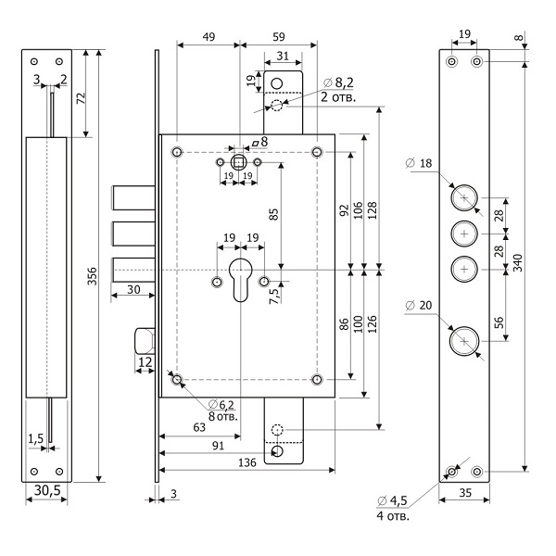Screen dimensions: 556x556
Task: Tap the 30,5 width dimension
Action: [44, 515]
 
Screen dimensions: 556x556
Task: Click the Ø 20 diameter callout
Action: [418, 306]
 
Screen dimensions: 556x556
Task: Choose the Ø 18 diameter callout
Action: [417, 164]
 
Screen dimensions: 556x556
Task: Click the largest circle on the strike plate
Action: [463, 341]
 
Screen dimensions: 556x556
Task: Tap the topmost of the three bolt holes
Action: [463, 196]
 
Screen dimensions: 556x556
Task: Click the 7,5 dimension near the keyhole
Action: [274, 296]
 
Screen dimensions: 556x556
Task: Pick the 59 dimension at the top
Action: [278, 37]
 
